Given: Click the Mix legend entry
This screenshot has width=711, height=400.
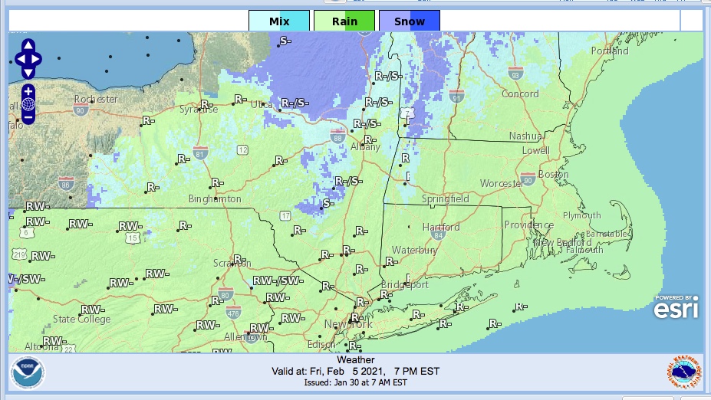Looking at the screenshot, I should [279, 21].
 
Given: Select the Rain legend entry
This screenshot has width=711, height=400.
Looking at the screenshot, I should [344, 21].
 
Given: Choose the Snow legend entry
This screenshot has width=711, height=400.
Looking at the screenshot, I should [410, 21].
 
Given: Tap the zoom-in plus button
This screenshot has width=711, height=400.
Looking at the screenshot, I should [28, 91].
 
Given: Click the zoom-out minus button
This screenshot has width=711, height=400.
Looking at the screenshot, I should [28, 117].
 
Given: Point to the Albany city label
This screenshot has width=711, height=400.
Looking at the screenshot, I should [365, 147].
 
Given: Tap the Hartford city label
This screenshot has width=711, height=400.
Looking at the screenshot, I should [441, 227].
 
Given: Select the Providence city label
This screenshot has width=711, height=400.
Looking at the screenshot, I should [528, 225].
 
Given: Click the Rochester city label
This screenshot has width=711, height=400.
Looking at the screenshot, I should [96, 100].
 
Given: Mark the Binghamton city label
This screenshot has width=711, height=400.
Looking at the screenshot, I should [215, 199].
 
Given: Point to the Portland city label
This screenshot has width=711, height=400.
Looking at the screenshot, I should [610, 51].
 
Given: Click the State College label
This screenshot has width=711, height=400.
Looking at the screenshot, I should [81, 319].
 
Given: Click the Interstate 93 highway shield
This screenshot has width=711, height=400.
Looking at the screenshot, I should [515, 74].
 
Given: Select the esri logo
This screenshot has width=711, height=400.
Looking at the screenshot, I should [676, 307].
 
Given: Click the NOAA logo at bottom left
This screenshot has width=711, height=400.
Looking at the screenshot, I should [28, 373].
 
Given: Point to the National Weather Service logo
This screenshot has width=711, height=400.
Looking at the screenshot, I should [683, 373].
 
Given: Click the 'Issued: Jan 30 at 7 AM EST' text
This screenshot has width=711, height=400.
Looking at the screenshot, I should [355, 382].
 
